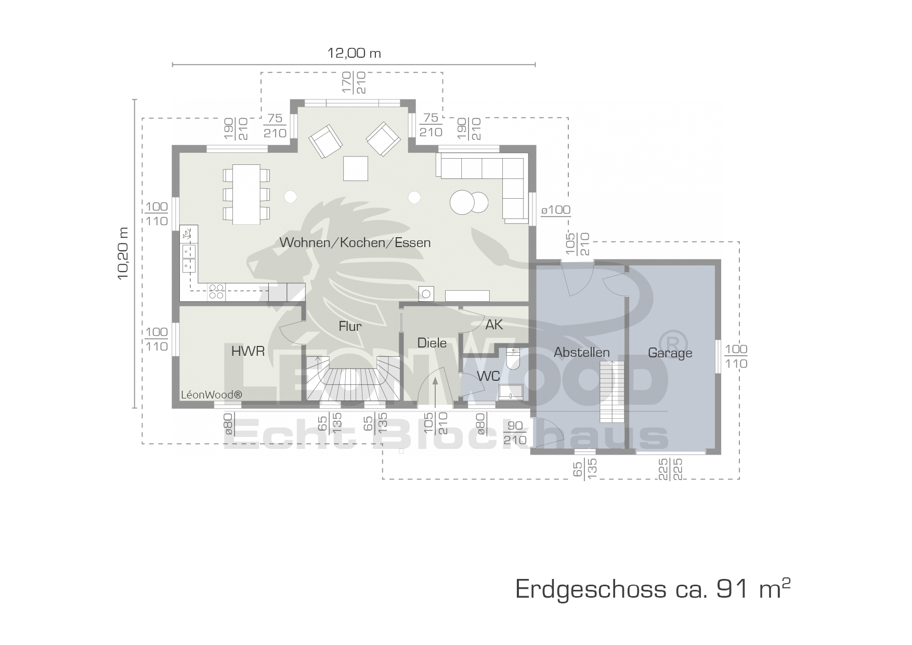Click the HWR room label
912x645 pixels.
(x=248, y=351)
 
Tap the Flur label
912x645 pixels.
(x=350, y=326)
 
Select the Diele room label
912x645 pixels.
(x=432, y=343)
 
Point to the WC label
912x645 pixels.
(x=488, y=376)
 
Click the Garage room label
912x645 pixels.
(x=670, y=353)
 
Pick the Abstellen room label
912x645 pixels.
(x=581, y=352)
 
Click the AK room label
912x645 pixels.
(x=494, y=325)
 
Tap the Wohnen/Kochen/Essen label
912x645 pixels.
(x=355, y=242)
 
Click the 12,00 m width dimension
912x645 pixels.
(x=354, y=53)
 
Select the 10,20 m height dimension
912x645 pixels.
(x=123, y=253)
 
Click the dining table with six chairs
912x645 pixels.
(x=246, y=194)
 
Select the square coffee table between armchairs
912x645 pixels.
(x=356, y=169)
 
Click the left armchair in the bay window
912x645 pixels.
(x=325, y=141)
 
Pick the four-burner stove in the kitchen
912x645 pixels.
(x=216, y=292)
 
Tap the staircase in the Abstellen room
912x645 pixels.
(x=611, y=392)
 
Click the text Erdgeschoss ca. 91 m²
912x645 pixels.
(x=653, y=588)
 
